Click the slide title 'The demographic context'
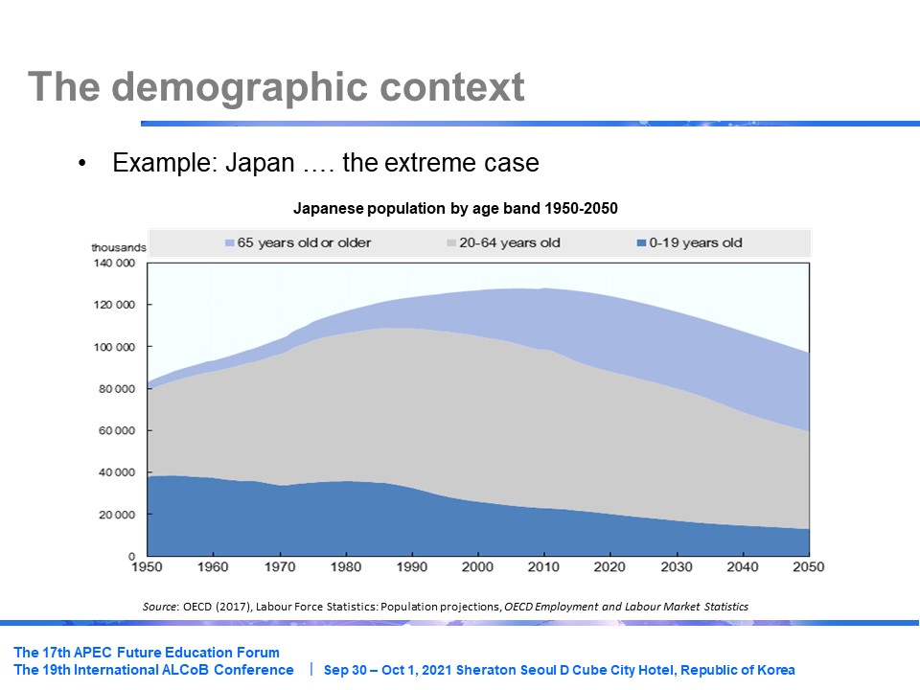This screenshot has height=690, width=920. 276,87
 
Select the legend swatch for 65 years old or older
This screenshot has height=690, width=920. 229,243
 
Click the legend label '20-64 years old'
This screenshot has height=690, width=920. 509,243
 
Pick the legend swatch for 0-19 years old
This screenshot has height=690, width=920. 640,243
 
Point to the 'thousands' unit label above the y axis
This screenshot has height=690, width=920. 119,247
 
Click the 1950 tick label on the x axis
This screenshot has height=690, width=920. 148,567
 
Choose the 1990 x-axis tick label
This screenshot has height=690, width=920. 411,567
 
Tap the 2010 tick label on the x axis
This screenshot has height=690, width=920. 543,567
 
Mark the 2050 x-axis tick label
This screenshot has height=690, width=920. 808,567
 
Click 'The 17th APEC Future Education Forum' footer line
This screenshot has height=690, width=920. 147,653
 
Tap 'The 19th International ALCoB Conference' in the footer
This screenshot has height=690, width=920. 153,670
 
